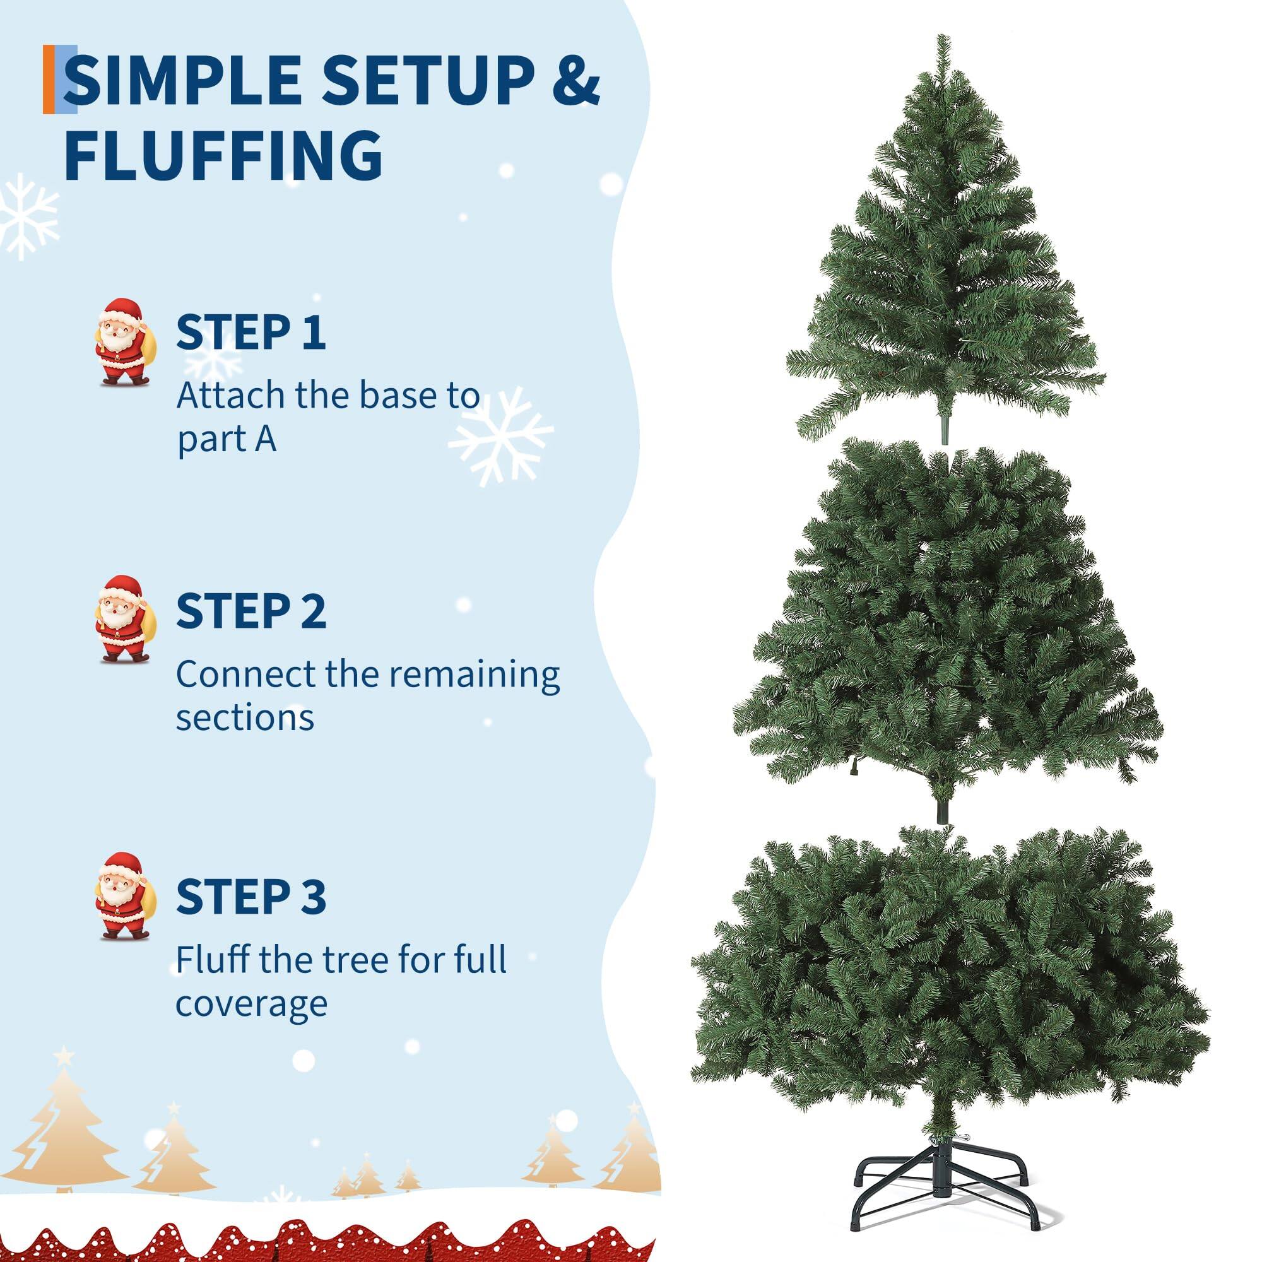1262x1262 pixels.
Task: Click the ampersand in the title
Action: coord(572,80)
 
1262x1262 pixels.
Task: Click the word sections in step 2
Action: coord(245,718)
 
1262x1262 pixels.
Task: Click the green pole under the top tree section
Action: coord(943,427)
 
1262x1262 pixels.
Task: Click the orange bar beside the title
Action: coord(49,80)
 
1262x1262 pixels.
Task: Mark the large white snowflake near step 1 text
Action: coord(501,435)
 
